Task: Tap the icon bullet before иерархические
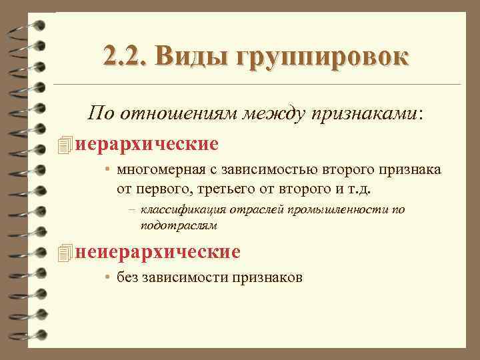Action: [x=64, y=143]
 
